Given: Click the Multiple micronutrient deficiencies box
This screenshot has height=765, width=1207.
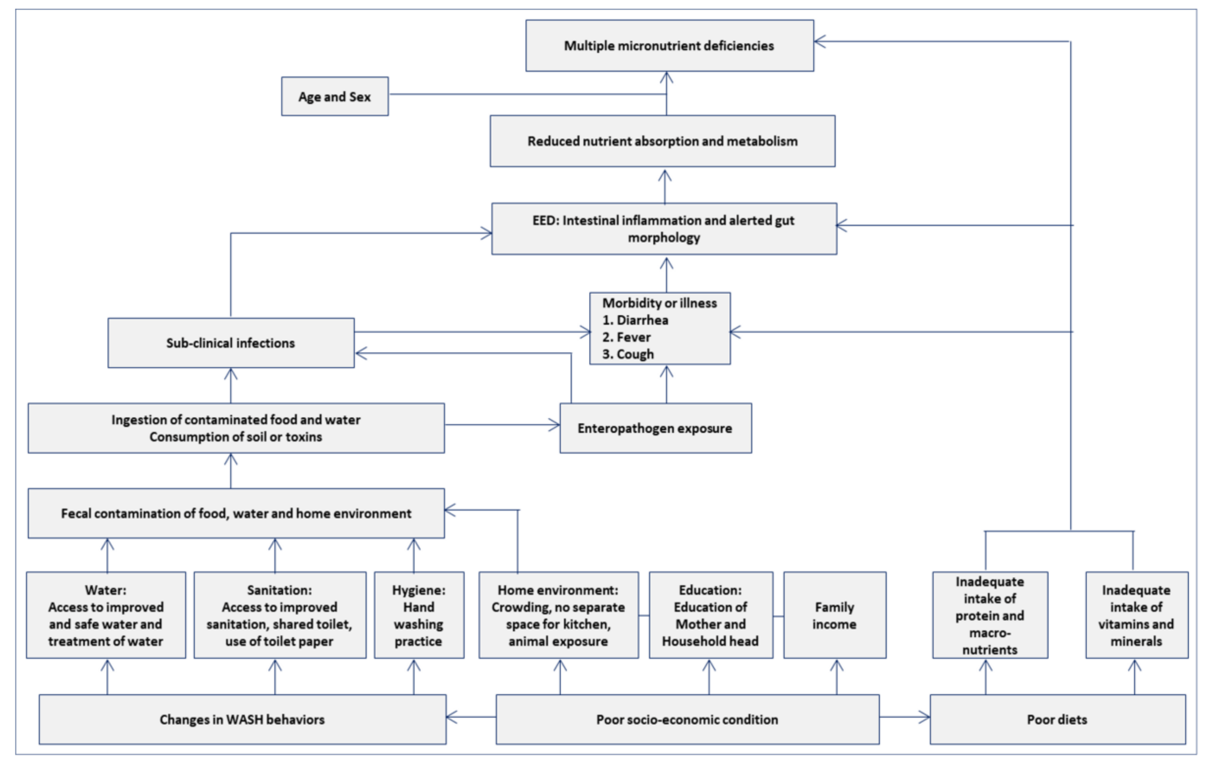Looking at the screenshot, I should pyautogui.click(x=669, y=46).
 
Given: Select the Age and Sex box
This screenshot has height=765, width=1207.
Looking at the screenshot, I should pyautogui.click(x=334, y=96).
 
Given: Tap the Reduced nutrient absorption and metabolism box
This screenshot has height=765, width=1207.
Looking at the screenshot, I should pyautogui.click(x=662, y=141).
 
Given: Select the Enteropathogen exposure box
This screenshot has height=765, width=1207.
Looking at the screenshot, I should pyautogui.click(x=655, y=428).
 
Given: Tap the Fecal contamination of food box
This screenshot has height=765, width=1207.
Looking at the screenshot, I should pyautogui.click(x=236, y=514).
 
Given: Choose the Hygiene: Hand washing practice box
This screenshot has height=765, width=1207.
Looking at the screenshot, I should pyautogui.click(x=419, y=616).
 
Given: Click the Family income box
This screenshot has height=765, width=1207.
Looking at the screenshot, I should pyautogui.click(x=835, y=616).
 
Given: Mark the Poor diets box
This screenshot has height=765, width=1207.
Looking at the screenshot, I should pyautogui.click(x=1057, y=719).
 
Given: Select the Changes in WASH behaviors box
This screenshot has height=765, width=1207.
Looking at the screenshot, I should pyautogui.click(x=242, y=719).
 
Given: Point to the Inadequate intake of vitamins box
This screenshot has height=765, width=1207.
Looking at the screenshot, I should pyautogui.click(x=1136, y=616).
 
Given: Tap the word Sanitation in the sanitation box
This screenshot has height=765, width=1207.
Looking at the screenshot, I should pyautogui.click(x=278, y=590).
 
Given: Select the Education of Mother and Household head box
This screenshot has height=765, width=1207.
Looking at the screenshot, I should pyautogui.click(x=710, y=616).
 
